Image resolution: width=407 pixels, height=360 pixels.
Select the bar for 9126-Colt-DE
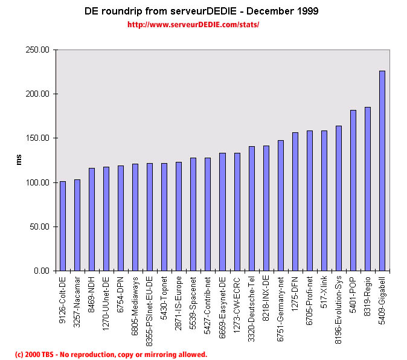(62, 226)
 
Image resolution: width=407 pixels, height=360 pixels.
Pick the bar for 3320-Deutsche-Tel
(251, 208)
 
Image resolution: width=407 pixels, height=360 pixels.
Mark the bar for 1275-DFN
(295, 202)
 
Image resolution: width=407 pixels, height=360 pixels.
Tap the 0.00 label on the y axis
(41, 271)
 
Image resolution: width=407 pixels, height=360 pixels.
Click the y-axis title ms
(18, 160)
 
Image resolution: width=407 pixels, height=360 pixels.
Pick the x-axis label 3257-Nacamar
(77, 303)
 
